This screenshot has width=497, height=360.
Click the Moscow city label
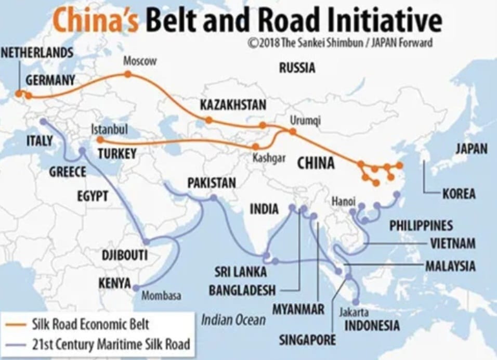click(x=139, y=61)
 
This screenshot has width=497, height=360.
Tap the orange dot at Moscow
click(x=128, y=74)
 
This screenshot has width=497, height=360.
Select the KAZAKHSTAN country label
click(x=233, y=105)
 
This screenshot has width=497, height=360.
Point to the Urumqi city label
click(x=305, y=121)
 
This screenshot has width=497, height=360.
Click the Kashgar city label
click(x=269, y=159)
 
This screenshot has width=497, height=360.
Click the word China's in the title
click(x=96, y=21)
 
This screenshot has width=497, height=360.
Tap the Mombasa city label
click(x=161, y=295)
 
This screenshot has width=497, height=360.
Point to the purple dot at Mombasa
click(x=136, y=287)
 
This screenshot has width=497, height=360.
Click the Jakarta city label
click(x=354, y=312)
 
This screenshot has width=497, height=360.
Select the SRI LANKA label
click(x=241, y=272)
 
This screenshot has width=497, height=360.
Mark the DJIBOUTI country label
click(x=125, y=255)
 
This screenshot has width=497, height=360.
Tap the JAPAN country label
click(x=472, y=149)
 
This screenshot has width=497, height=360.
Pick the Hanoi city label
click(x=343, y=201)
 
